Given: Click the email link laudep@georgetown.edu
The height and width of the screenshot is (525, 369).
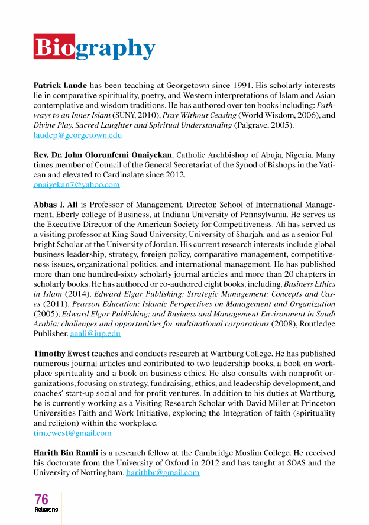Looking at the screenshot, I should click(77, 135).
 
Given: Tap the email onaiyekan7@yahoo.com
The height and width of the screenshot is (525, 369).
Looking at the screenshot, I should click(76, 184).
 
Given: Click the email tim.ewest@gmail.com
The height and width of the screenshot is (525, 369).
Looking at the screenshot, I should click(72, 433).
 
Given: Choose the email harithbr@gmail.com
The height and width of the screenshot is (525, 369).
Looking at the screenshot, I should click(163, 472).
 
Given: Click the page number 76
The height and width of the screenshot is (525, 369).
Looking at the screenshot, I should click(42, 500).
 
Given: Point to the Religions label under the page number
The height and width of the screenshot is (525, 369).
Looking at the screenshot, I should click(46, 510).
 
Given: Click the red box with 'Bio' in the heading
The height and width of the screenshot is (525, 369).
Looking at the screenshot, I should click(54, 47).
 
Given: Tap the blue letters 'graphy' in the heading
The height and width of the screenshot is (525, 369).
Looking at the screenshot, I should click(116, 48).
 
